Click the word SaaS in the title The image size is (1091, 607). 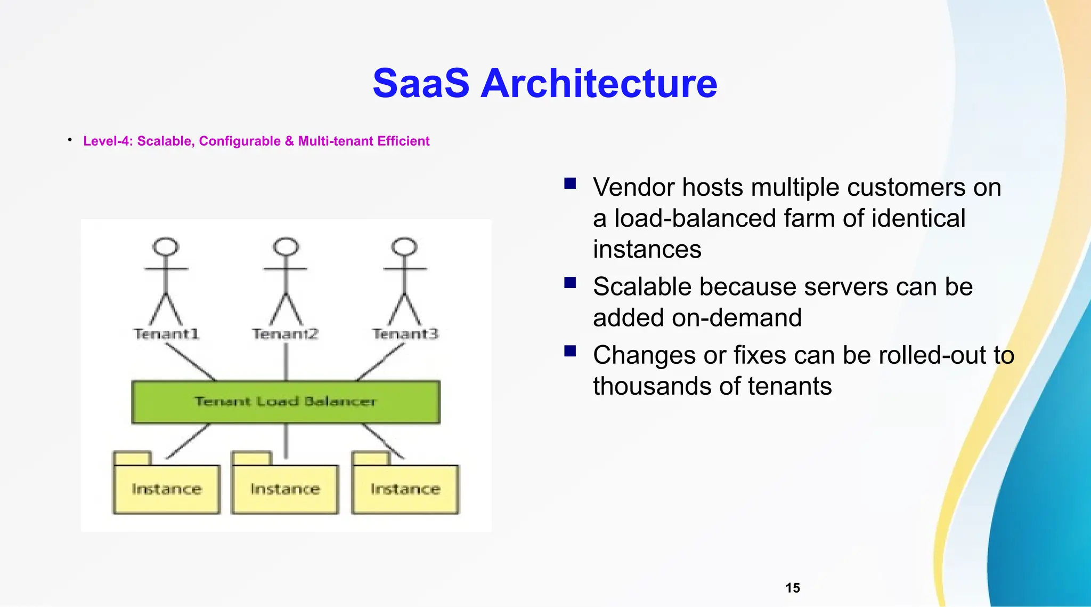421,84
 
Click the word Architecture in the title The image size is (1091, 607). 599,84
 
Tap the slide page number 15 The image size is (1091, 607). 793,588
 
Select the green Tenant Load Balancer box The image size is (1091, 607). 286,402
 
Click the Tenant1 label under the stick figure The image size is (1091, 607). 166,334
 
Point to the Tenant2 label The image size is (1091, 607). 286,334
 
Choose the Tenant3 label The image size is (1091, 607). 405,334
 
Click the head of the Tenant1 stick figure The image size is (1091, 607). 166,247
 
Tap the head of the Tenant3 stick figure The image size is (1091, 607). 404,247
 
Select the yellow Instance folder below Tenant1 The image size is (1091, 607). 166,489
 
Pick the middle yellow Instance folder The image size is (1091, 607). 285,489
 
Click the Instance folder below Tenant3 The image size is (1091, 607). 405,489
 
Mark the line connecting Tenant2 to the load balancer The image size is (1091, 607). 286,362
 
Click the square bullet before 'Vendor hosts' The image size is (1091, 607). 570,184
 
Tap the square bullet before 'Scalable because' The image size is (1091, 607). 570,283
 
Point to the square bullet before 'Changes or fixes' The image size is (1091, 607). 570,351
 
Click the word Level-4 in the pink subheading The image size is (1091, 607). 108,141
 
